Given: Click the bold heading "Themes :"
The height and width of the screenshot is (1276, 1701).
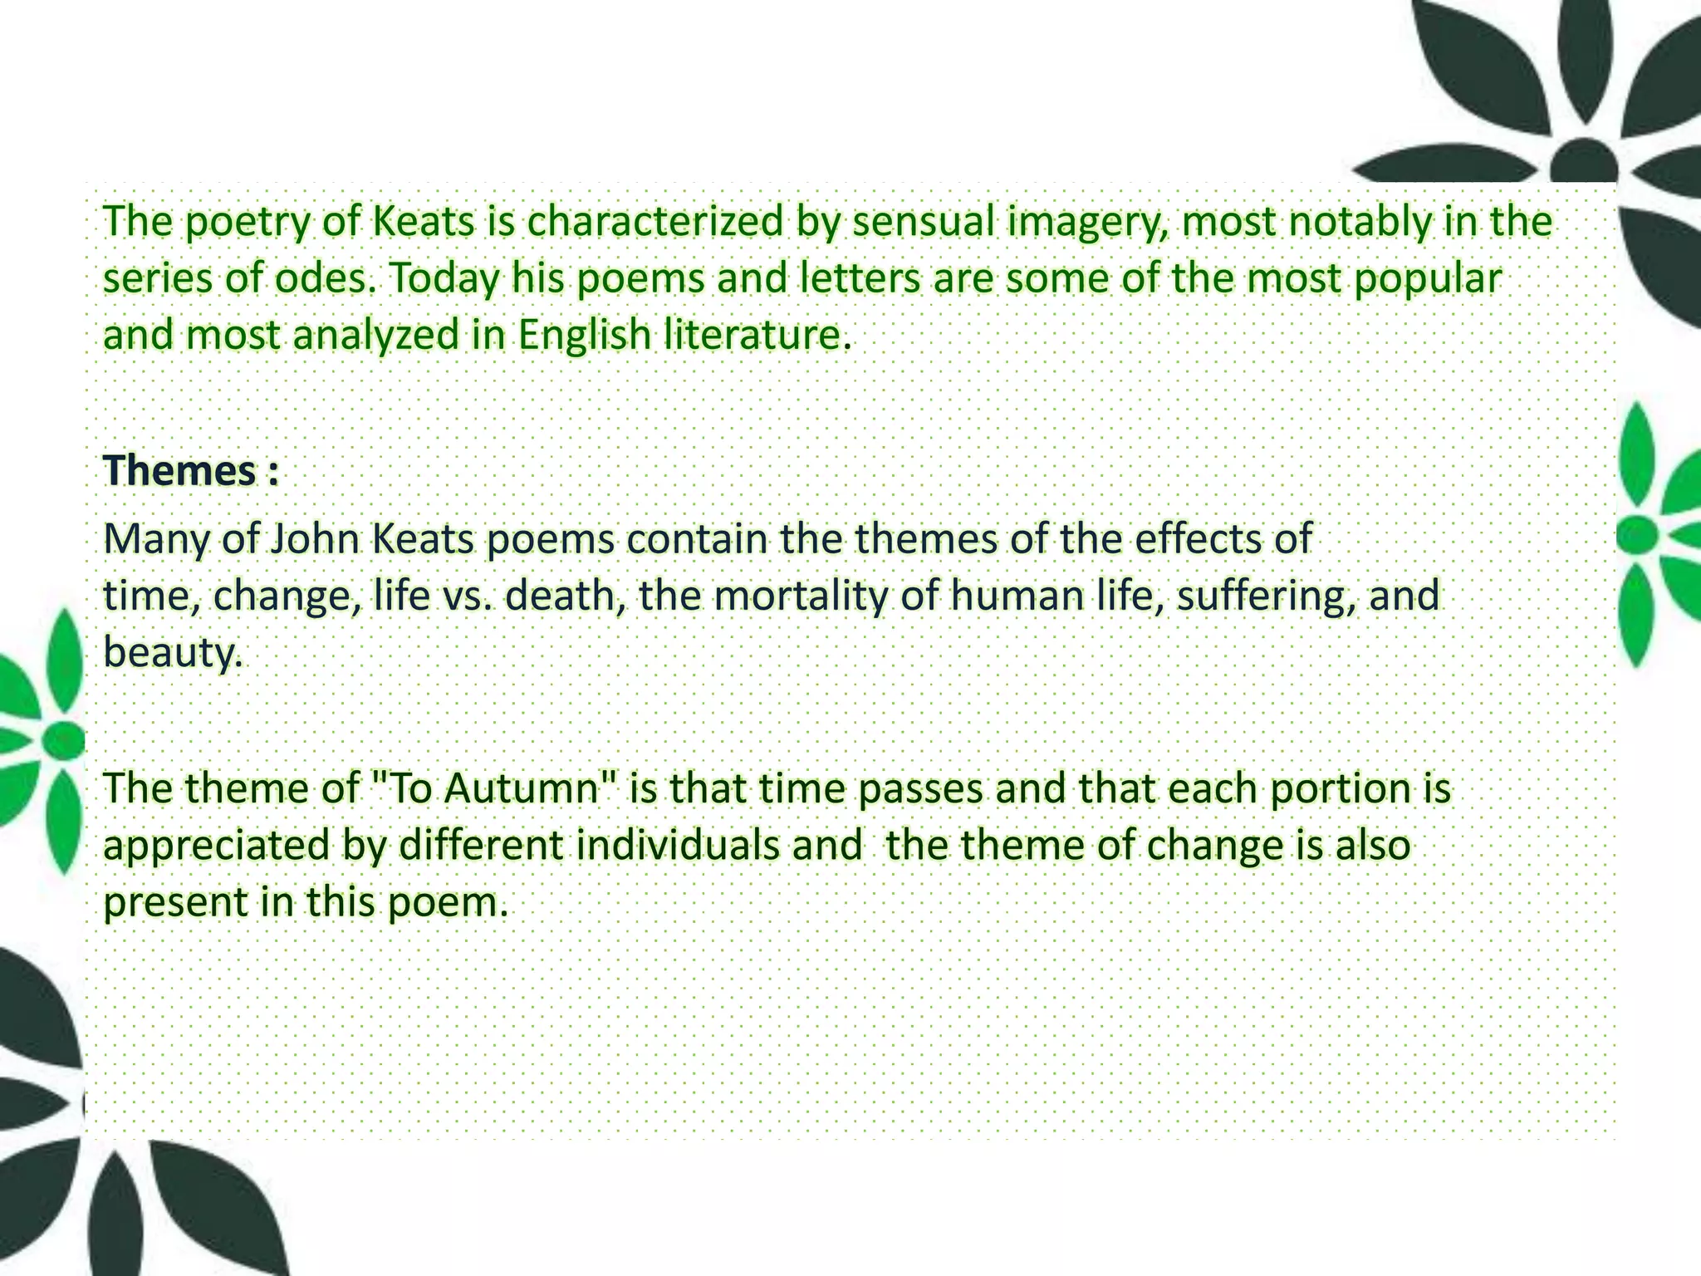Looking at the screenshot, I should (x=190, y=471).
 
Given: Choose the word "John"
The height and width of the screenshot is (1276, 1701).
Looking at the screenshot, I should (x=311, y=539).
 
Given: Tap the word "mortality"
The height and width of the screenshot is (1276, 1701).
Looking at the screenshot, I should (x=797, y=596).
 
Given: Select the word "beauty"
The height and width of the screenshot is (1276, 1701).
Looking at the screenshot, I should (x=172, y=652).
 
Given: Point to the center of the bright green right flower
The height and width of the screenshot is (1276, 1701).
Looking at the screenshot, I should (x=1638, y=535).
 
